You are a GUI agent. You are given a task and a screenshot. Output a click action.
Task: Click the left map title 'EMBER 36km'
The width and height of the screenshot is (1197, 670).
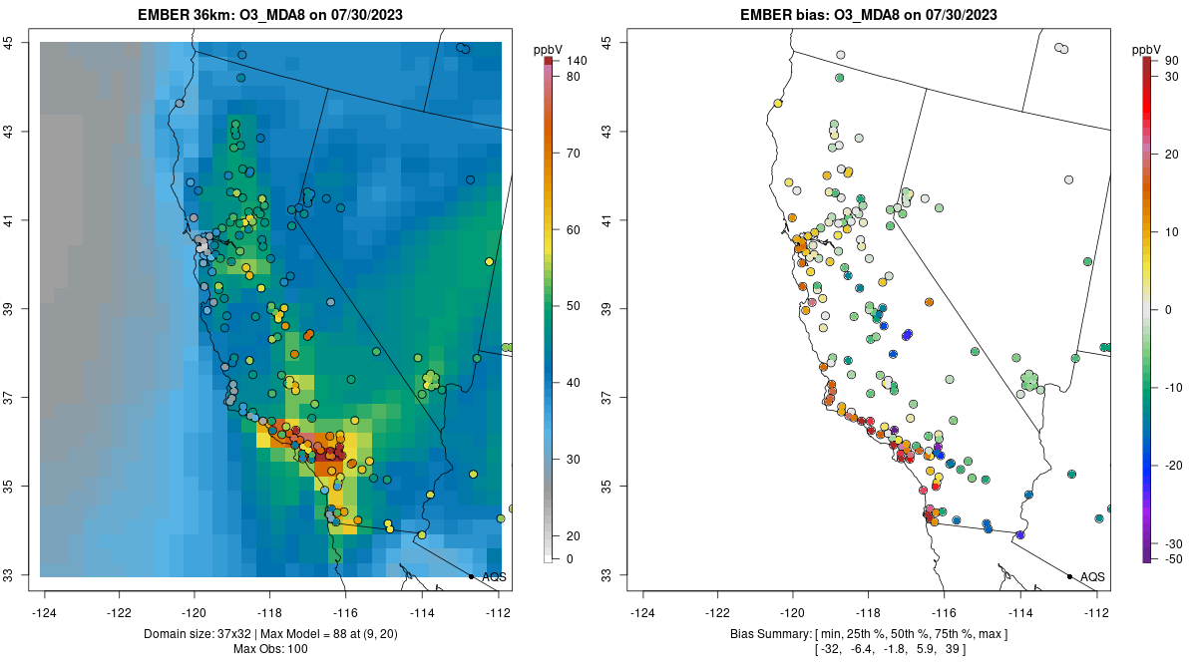point(183,15)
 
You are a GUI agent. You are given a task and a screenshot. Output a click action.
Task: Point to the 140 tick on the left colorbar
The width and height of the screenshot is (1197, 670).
point(576,61)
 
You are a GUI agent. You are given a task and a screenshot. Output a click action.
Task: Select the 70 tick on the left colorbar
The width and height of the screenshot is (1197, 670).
point(574,154)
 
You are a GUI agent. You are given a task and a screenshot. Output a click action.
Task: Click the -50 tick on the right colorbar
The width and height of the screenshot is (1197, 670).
point(1172,559)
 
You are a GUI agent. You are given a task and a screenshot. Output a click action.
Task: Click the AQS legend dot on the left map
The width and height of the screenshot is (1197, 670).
point(471,576)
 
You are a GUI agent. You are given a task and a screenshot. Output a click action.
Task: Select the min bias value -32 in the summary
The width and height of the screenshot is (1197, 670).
point(830,649)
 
